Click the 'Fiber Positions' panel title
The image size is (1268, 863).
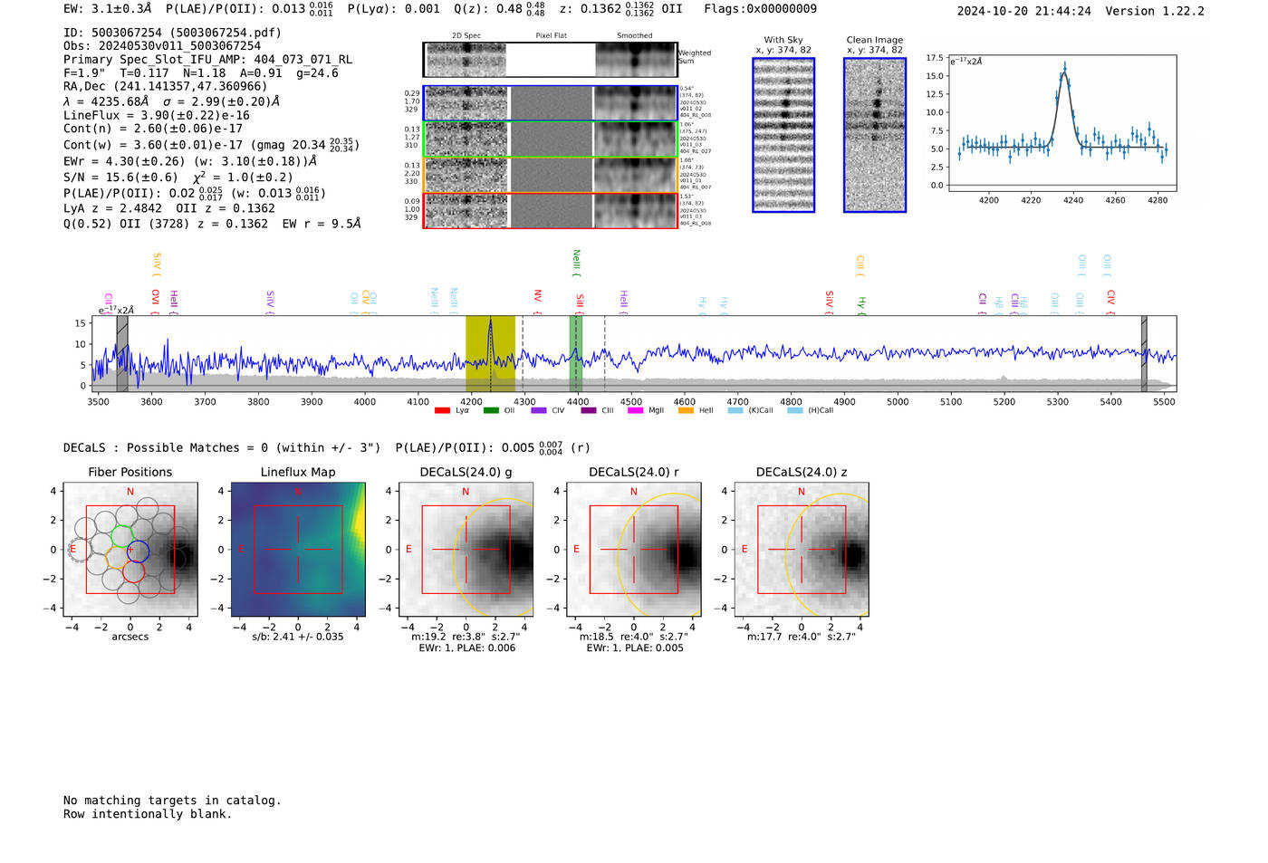[130, 472]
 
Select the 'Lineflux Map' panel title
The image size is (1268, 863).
[297, 472]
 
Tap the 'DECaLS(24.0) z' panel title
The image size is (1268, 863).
[801, 472]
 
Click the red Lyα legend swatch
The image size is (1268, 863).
[442, 411]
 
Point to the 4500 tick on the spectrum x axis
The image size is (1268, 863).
[631, 401]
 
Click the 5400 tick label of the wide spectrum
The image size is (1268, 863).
[1110, 401]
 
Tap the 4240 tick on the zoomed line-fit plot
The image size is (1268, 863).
[1073, 200]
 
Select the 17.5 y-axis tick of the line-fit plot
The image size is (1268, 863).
[934, 58]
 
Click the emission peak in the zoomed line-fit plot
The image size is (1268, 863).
[1065, 66]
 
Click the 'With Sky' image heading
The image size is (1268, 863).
[783, 40]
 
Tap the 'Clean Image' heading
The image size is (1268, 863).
[874, 40]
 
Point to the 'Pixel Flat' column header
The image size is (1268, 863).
[551, 35]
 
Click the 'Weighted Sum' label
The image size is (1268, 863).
[695, 57]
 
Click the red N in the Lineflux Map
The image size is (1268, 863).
[297, 492]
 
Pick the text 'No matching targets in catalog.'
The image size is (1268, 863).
[172, 801]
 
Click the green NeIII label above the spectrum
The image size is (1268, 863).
[576, 262]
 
